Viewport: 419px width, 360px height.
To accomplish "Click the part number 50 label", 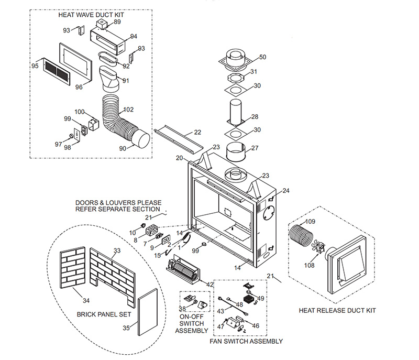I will [262, 57].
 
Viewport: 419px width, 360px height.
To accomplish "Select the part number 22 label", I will [197, 132].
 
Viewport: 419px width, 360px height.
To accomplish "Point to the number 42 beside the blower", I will [210, 284].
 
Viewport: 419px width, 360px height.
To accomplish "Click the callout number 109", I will [311, 222].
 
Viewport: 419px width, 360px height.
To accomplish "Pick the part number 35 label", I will [126, 329].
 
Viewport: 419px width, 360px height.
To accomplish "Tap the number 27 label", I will [255, 148].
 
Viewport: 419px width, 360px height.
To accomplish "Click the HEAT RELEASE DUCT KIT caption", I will [337, 310].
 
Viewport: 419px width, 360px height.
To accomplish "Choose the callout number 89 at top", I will [117, 22].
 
